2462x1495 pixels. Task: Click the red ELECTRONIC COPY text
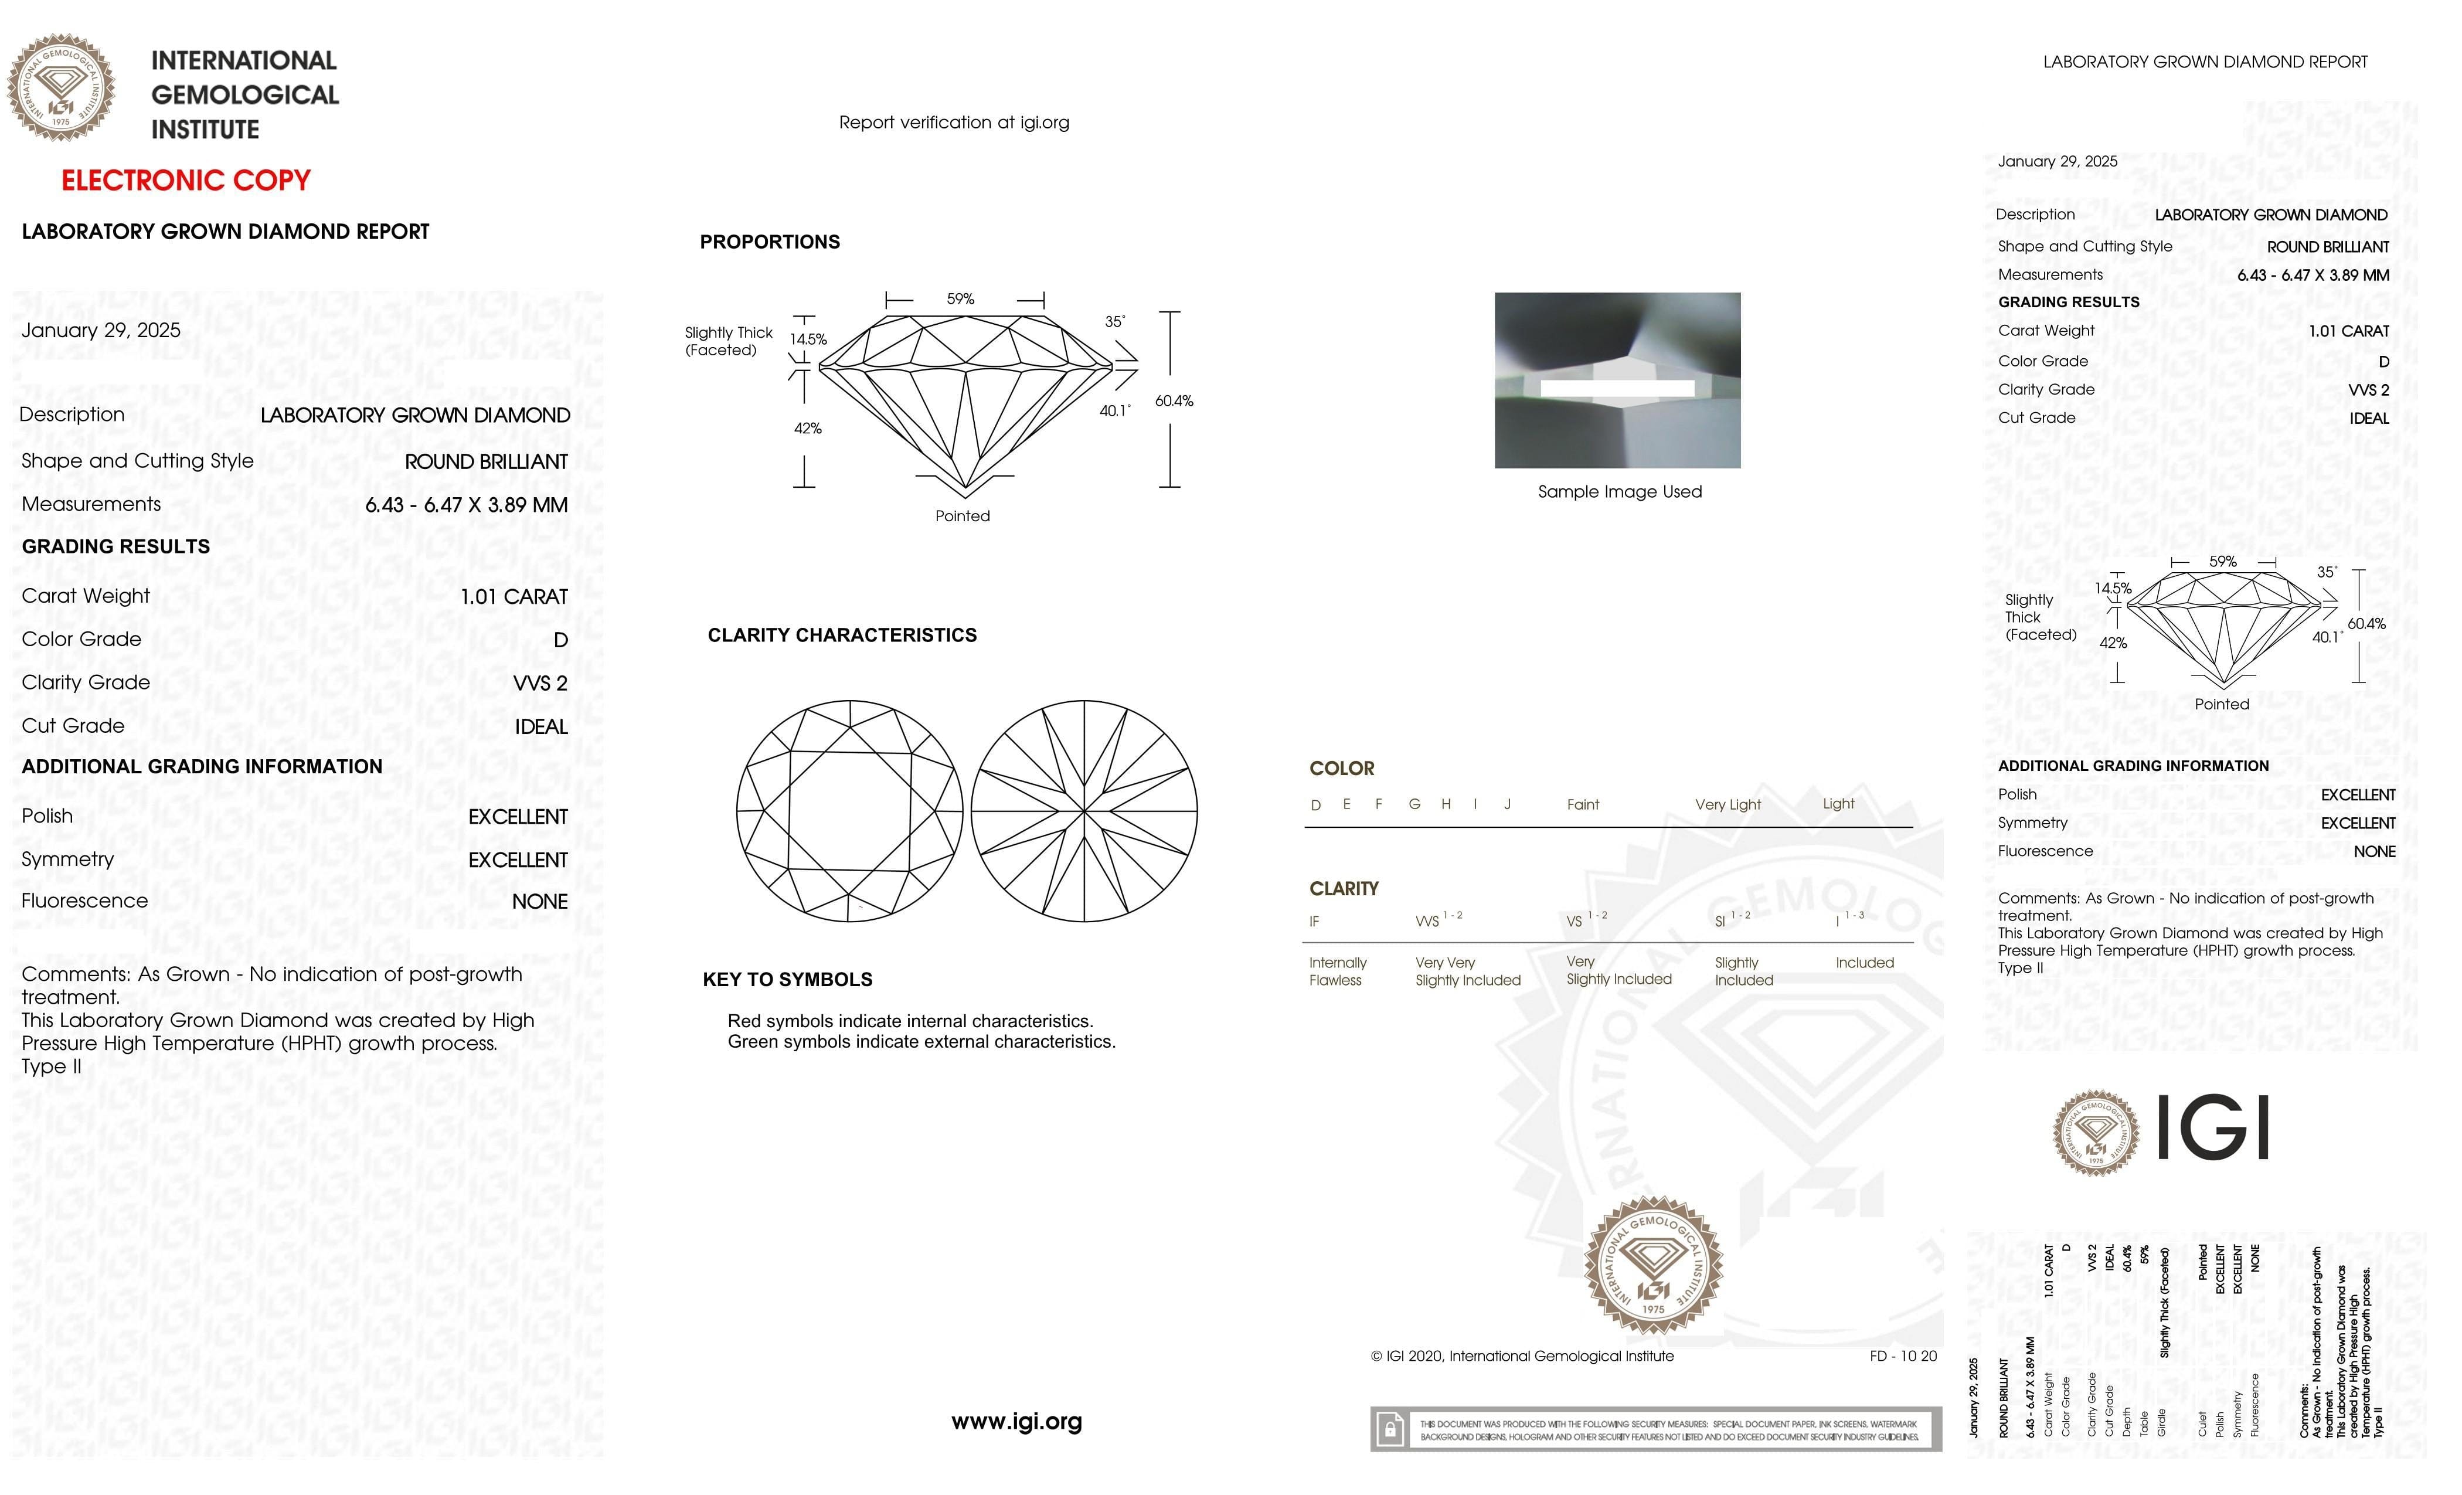click(186, 181)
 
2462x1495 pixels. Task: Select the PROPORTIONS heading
click(769, 242)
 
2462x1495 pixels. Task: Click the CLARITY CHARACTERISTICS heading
click(841, 636)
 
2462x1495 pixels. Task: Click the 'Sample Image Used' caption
click(1618, 492)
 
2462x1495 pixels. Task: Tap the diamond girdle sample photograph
click(1617, 380)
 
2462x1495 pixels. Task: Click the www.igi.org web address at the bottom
click(1016, 1421)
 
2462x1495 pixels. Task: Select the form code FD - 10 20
click(1902, 1356)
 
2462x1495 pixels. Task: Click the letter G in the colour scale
click(1414, 804)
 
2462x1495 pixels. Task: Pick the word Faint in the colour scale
click(1583, 804)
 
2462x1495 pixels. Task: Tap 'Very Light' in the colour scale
click(1728, 804)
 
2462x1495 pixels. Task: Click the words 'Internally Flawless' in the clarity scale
click(1337, 971)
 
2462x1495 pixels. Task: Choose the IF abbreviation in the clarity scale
click(1314, 922)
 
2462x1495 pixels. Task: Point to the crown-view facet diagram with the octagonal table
click(849, 810)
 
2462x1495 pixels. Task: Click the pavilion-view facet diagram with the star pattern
click(1084, 810)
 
